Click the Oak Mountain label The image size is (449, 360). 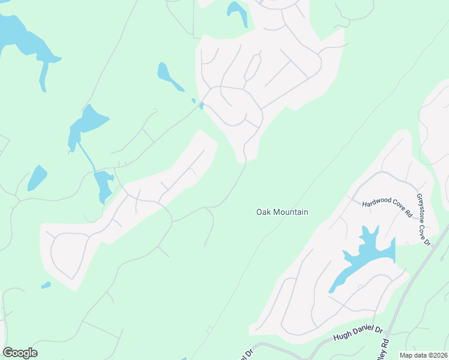click(x=282, y=212)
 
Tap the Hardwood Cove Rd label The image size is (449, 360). click(x=387, y=208)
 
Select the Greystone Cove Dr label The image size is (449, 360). click(x=424, y=219)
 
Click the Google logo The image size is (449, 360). click(x=20, y=353)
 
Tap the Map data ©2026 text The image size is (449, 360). click(x=423, y=355)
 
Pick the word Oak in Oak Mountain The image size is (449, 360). click(x=264, y=212)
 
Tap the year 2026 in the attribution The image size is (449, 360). click(x=438, y=355)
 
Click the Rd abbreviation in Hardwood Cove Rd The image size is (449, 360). click(x=408, y=214)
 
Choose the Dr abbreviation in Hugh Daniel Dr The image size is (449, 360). click(x=378, y=329)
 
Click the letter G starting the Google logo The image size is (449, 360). click(x=8, y=353)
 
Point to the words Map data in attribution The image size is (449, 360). click(x=413, y=355)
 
